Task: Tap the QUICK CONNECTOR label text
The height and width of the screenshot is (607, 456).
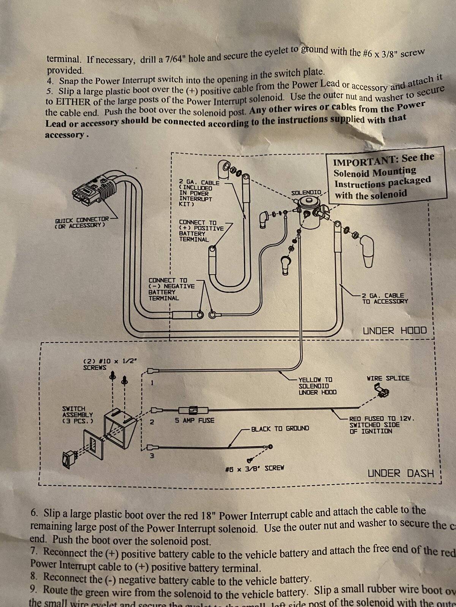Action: (82, 222)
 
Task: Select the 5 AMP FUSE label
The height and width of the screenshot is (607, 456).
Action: (195, 420)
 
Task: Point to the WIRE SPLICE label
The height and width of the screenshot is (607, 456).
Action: (388, 378)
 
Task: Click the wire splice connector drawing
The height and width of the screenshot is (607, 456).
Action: (382, 391)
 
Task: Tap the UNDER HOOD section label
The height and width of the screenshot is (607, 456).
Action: (394, 330)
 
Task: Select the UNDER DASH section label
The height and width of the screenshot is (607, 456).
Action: (401, 473)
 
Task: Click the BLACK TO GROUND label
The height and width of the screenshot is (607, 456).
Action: (280, 428)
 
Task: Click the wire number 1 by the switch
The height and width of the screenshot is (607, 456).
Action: (152, 383)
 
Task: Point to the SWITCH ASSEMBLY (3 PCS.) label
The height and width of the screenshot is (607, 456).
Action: (77, 415)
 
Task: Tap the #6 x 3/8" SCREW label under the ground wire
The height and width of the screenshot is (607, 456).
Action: (255, 468)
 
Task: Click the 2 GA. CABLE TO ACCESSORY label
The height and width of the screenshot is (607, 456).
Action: (385, 298)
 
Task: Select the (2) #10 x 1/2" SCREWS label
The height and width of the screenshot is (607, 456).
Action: (108, 365)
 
